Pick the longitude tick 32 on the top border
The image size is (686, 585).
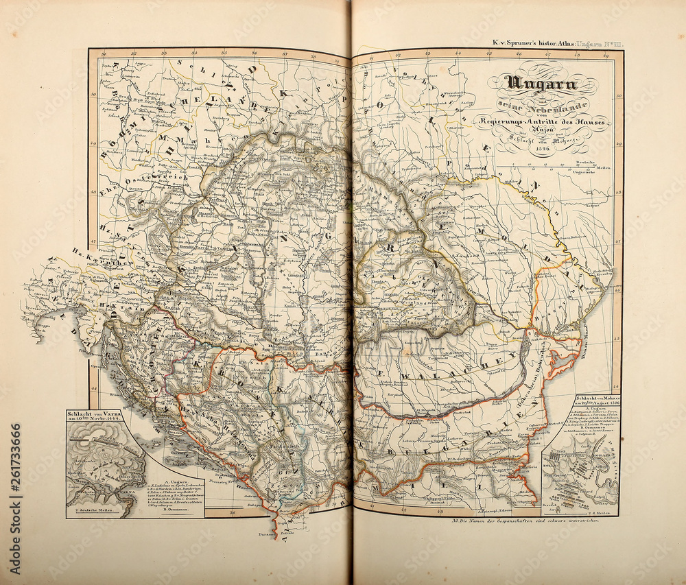pos(133,53)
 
